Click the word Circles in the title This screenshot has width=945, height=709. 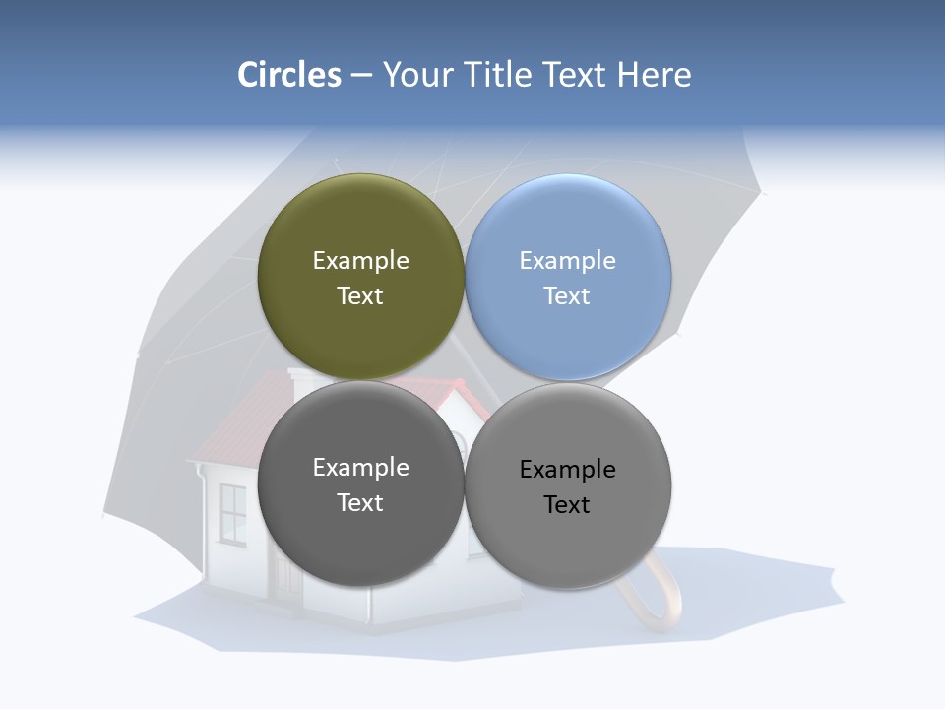click(x=288, y=75)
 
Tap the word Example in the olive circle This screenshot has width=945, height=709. click(x=360, y=261)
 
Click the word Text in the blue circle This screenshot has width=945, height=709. click(x=567, y=296)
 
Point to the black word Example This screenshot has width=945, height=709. click(x=567, y=470)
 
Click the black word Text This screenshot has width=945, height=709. click(x=567, y=505)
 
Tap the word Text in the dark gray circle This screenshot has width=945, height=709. click(x=360, y=503)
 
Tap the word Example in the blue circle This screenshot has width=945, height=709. click(x=567, y=261)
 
